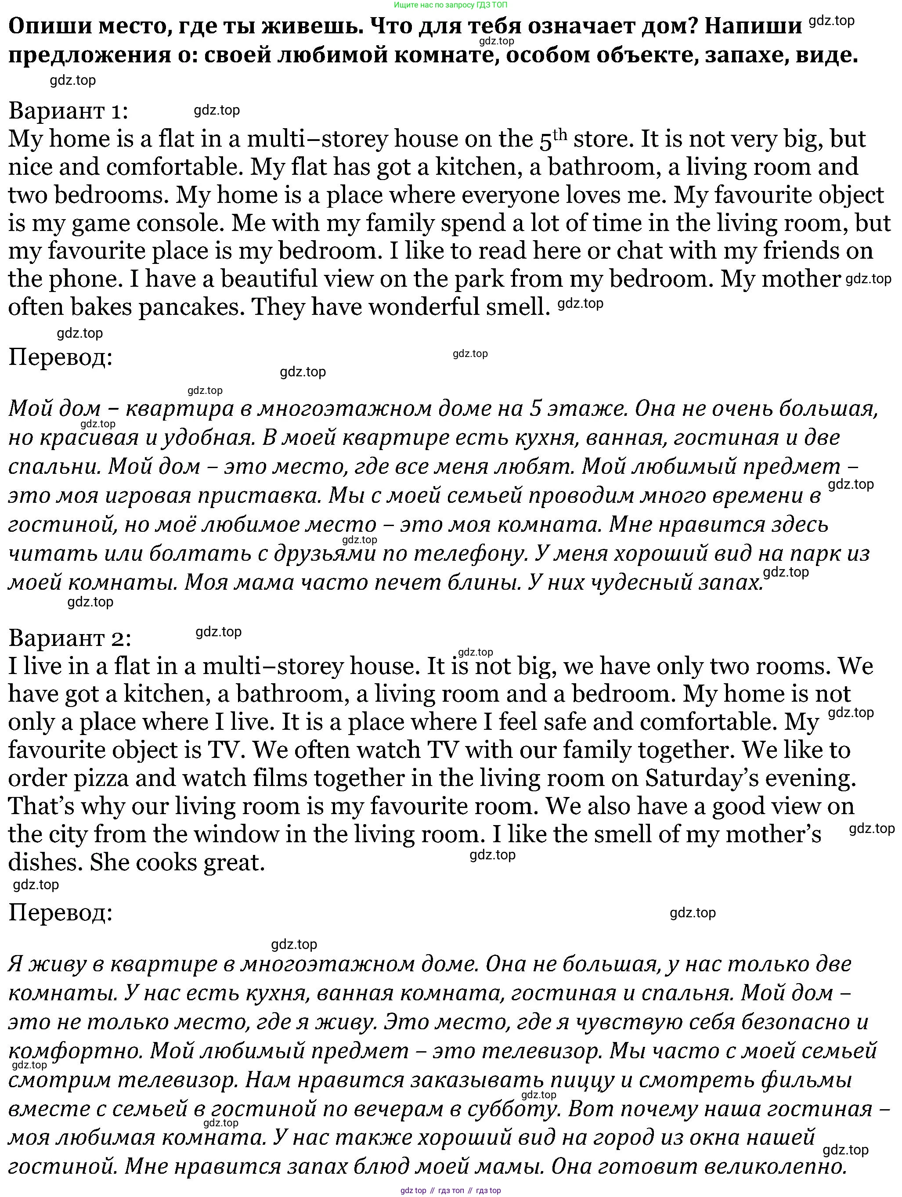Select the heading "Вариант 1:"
pyautogui.click(x=69, y=111)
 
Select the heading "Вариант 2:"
pyautogui.click(x=70, y=638)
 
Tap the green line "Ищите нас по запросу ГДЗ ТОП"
pyautogui.click(x=451, y=5)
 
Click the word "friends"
pyautogui.click(x=804, y=251)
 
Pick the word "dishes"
pyautogui.click(x=44, y=862)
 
